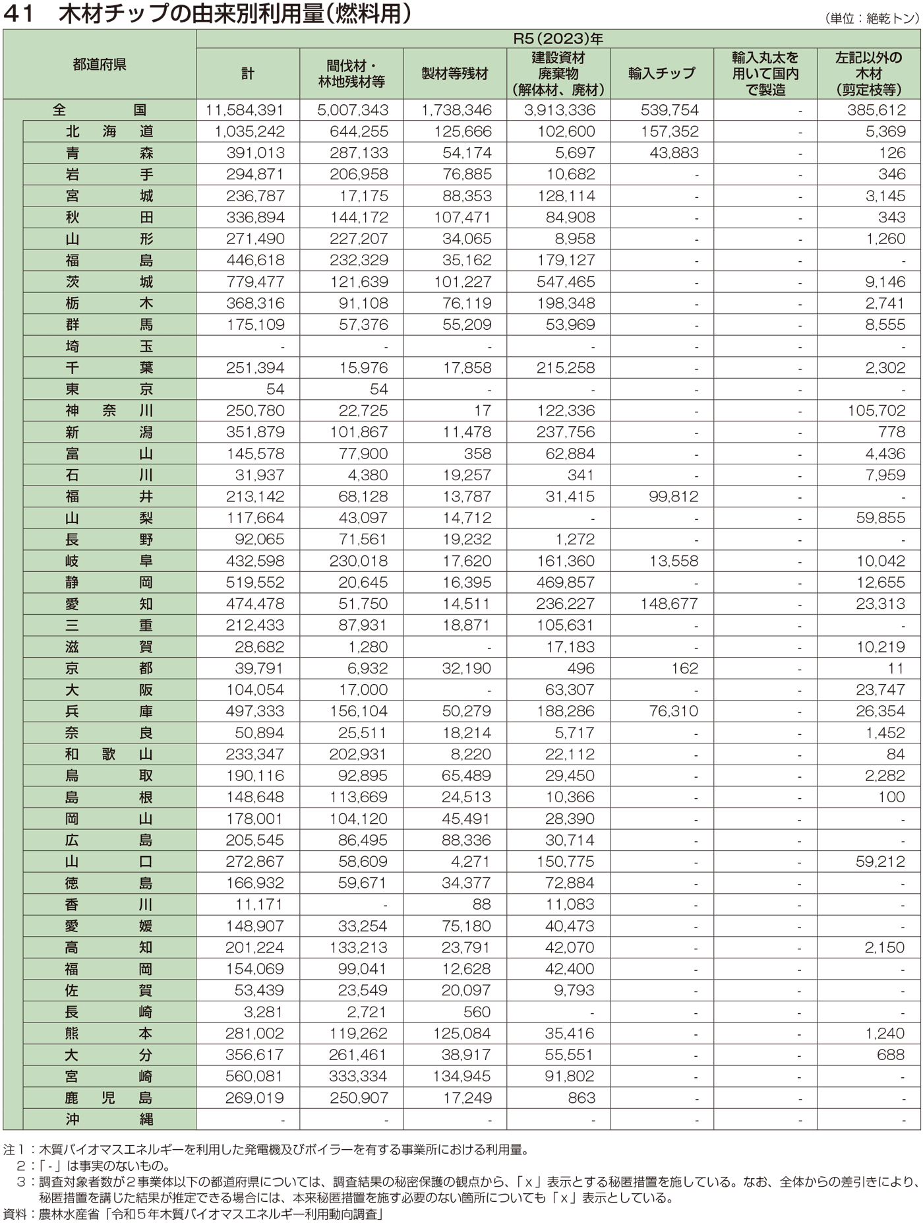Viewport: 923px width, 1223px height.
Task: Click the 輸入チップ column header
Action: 661,73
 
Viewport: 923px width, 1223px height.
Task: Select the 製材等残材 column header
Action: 455,73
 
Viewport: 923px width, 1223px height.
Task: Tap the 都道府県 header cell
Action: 100,65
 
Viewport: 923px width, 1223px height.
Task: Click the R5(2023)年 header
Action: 558,39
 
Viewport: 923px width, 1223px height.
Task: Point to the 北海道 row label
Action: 109,131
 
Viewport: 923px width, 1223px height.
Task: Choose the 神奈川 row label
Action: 109,410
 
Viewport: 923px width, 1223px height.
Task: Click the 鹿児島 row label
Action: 109,1098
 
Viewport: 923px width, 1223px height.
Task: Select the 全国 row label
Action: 100,110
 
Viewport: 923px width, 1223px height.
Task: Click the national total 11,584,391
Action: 245,110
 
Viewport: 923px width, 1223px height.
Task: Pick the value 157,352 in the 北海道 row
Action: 669,131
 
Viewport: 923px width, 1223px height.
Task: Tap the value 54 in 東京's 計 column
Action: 275,389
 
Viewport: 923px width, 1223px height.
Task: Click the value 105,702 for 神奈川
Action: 876,410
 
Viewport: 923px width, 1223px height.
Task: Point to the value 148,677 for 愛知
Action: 669,604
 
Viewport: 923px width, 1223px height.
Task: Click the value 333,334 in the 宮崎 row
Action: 358,1076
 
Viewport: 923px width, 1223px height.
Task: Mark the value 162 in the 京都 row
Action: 684,668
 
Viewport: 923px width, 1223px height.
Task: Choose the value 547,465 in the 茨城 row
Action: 566,282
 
